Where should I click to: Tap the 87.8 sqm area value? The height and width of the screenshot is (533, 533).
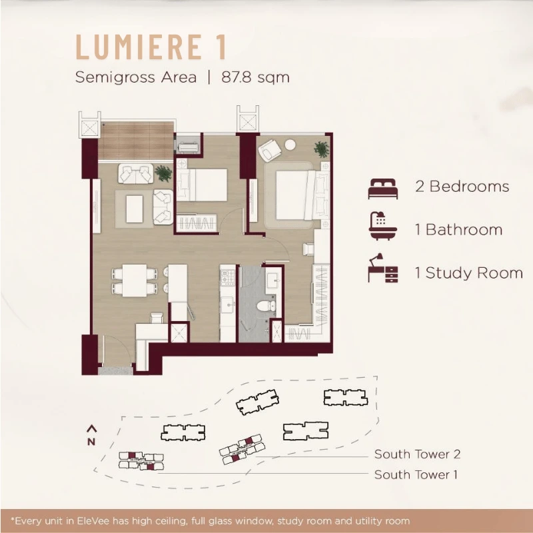click(x=255, y=77)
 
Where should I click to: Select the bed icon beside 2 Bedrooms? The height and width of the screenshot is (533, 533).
click(x=382, y=189)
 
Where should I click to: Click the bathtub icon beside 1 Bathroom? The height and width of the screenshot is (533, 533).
click(x=382, y=226)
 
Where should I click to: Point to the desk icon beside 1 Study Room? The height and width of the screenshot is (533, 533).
click(x=382, y=268)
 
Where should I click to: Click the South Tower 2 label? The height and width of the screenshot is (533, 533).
click(x=417, y=454)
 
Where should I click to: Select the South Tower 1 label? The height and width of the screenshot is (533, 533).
click(x=416, y=474)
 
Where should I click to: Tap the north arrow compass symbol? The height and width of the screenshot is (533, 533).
click(x=91, y=435)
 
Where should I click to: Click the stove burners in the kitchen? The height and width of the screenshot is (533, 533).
click(x=228, y=276)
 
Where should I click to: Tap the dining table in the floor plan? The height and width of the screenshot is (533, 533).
click(x=135, y=280)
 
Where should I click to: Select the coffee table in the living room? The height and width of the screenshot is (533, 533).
click(x=135, y=209)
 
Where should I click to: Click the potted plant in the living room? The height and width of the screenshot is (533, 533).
click(x=163, y=173)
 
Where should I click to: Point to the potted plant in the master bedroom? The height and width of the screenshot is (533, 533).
click(x=321, y=149)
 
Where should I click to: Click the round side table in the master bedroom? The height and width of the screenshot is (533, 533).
click(x=290, y=145)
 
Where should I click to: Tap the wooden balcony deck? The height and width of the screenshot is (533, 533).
click(x=137, y=141)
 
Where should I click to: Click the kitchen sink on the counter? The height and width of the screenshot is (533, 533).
click(x=227, y=303)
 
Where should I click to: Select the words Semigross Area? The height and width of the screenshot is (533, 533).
click(x=136, y=77)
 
